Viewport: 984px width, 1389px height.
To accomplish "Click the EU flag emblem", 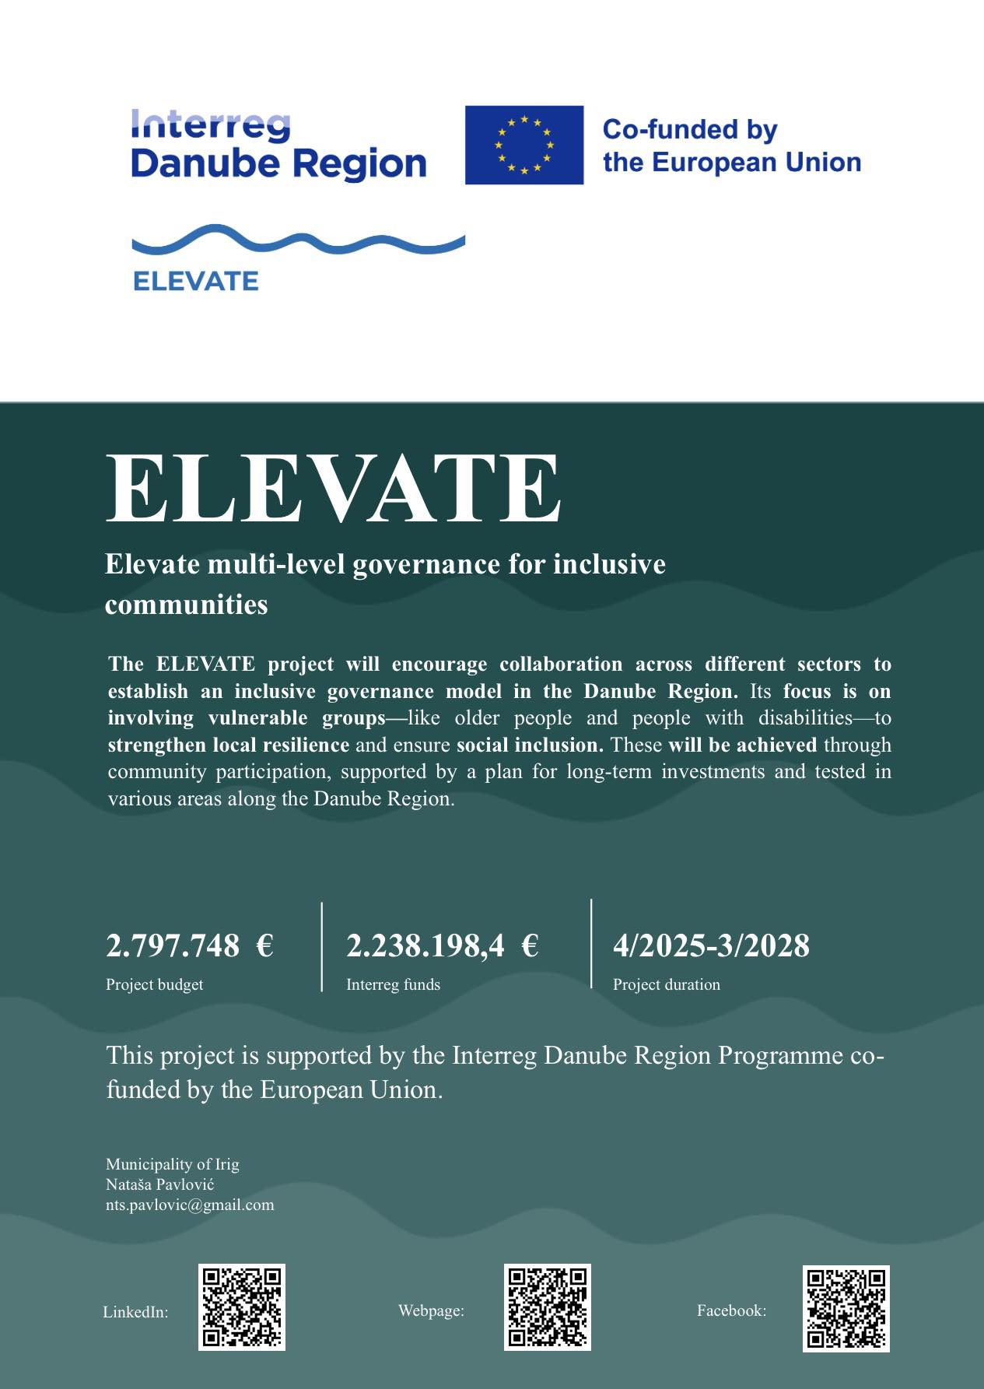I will (x=524, y=145).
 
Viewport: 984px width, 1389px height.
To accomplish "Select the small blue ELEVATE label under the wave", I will (x=195, y=281).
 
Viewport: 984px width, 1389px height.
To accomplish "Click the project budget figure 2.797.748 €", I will (x=189, y=945).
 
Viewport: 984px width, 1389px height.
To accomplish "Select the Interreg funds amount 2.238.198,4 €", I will (x=442, y=945).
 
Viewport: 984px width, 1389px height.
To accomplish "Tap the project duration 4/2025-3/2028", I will (x=711, y=945).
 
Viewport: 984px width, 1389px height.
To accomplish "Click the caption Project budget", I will (x=154, y=984).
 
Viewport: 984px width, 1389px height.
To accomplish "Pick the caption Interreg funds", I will (x=393, y=984).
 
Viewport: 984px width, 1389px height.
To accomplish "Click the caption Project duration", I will (x=666, y=984).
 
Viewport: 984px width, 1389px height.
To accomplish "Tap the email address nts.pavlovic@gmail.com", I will (x=190, y=1205).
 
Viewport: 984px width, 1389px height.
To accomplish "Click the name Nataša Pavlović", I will (x=159, y=1184).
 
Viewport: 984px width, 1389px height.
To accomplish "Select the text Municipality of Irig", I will (x=172, y=1164).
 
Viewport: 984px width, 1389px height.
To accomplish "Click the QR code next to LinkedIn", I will (x=242, y=1307).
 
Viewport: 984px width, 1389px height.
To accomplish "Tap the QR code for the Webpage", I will (x=548, y=1307).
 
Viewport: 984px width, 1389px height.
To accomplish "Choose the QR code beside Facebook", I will (x=846, y=1308).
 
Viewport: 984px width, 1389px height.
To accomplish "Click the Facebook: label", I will (x=731, y=1310).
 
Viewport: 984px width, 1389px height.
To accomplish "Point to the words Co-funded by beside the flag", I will (x=690, y=129).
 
